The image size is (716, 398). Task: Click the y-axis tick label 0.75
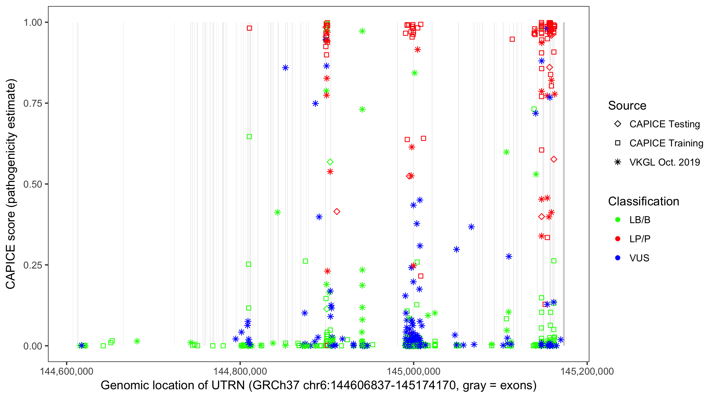[32, 103]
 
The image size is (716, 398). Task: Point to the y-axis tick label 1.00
[32, 23]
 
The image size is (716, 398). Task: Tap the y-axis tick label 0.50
[32, 184]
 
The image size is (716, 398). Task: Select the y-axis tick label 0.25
[32, 265]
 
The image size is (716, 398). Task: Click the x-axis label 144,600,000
[67, 371]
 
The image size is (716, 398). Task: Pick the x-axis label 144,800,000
[240, 371]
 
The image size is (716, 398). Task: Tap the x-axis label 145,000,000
[414, 371]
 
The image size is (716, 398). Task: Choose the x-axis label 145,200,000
[587, 371]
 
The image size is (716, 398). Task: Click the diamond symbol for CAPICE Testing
[618, 124]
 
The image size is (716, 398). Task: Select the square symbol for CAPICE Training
[618, 143]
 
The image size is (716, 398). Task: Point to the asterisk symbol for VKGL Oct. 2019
[618, 162]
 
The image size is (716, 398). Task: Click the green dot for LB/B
[618, 220]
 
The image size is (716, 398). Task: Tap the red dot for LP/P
[618, 239]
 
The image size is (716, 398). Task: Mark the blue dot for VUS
[618, 258]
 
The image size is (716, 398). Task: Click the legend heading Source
[627, 106]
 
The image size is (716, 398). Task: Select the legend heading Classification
[643, 201]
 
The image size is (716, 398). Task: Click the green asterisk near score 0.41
[277, 213]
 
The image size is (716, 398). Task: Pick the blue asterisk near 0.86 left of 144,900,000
[285, 68]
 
